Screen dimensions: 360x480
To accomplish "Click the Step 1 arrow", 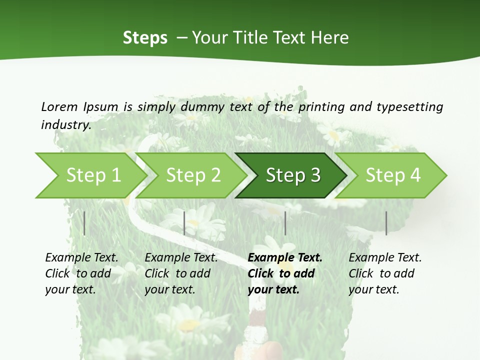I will coord(93,175).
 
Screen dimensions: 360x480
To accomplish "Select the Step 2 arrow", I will coord(193,175).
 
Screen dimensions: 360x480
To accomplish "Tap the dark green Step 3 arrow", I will coord(293,175).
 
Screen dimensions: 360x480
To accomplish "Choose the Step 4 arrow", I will coord(393,175).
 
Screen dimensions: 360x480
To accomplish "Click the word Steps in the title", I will coord(145,37).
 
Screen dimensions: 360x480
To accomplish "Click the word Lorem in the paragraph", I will coord(59,106).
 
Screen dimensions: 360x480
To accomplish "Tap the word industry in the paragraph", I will coord(66,124).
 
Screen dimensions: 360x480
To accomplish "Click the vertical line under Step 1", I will coord(84,223).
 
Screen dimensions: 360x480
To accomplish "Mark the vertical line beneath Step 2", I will coord(184,223).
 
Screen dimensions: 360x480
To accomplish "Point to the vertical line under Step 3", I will coord(285,223).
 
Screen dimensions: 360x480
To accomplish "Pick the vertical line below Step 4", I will coord(386,223).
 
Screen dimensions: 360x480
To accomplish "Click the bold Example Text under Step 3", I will coord(285,257).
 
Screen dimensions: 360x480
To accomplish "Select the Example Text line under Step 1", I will coord(81,257).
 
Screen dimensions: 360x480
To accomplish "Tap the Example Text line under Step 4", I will coord(385,257).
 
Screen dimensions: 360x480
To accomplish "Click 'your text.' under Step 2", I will coord(169,289).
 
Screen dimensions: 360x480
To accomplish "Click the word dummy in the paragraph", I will coord(202,106).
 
